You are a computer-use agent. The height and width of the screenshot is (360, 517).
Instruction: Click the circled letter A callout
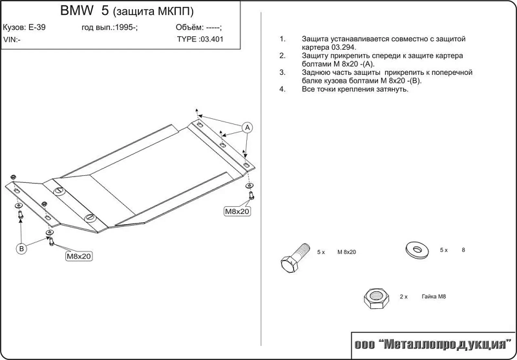click(x=248, y=127)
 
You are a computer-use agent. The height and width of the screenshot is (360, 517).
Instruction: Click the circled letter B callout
click(x=22, y=248)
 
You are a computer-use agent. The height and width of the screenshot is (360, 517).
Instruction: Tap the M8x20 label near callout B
click(x=79, y=256)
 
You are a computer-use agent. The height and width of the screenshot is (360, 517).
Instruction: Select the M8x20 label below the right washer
click(x=237, y=211)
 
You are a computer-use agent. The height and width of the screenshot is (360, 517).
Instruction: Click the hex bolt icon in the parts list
click(x=295, y=259)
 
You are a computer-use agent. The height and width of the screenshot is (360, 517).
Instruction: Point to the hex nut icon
click(x=376, y=298)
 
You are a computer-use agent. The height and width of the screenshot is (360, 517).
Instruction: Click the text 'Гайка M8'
click(x=434, y=297)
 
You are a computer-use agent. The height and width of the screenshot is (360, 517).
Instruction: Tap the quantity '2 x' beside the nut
click(x=403, y=297)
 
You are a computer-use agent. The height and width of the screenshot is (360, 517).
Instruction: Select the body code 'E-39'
click(x=37, y=27)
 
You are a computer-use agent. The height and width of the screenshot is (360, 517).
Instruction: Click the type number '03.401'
click(x=212, y=39)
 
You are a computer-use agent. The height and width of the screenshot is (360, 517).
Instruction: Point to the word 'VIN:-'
click(x=12, y=39)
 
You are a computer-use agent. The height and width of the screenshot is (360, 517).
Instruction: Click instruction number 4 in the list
click(x=282, y=89)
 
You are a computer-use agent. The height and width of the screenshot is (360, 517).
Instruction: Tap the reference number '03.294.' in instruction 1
click(x=344, y=47)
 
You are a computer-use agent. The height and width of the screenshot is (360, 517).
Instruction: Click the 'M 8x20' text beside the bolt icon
click(x=346, y=252)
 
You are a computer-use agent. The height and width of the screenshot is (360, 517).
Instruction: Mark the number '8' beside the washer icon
click(x=463, y=250)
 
